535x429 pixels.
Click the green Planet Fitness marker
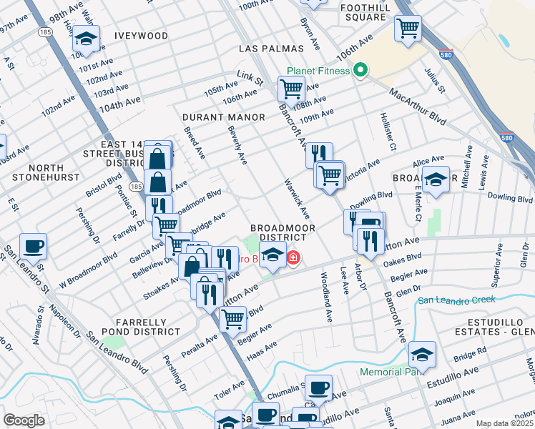[360, 70]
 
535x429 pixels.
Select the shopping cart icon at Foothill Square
[408, 29]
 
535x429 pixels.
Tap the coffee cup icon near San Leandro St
[34, 247]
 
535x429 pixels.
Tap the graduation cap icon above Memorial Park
[423, 355]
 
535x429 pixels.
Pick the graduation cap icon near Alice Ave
[434, 180]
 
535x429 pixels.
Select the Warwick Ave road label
[297, 198]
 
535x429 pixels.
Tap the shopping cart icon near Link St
[291, 89]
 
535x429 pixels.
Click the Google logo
[24, 420]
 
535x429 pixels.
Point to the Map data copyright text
[505, 423]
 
